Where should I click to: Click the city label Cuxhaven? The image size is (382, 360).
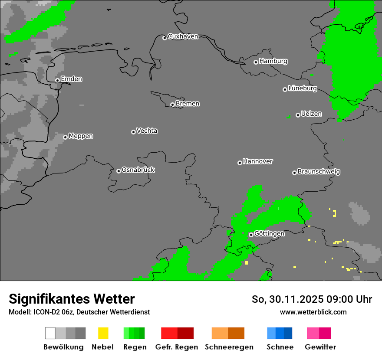coord(183,36)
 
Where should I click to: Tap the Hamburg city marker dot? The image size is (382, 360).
coord(256,62)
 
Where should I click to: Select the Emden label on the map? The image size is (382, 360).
coord(71,79)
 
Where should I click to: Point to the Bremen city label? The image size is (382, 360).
coord(188,104)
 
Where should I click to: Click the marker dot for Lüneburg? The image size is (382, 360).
coord(285,89)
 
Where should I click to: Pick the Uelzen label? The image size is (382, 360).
coord(311,114)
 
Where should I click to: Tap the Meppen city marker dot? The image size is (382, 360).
coord(65,137)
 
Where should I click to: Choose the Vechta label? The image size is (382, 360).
coord(147,131)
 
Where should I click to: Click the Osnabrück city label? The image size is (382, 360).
coord(138,170)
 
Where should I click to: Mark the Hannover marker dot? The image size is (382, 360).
coord(240,163)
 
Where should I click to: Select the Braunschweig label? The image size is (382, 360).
coord(319,171)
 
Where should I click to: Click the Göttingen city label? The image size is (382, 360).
coord(269,233)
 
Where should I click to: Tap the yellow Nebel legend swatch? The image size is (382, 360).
coord(103,333)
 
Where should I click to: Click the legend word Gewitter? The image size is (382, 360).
coord(320,347)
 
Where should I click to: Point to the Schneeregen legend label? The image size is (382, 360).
coord(229,347)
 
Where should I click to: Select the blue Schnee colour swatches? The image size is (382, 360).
coord(280,333)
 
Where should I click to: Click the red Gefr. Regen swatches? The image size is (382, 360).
coord(177,333)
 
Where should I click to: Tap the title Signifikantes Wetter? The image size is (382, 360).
coord(72,299)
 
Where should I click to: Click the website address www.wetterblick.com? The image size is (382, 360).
coord(313,312)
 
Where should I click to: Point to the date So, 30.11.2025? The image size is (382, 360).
coord(288,299)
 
